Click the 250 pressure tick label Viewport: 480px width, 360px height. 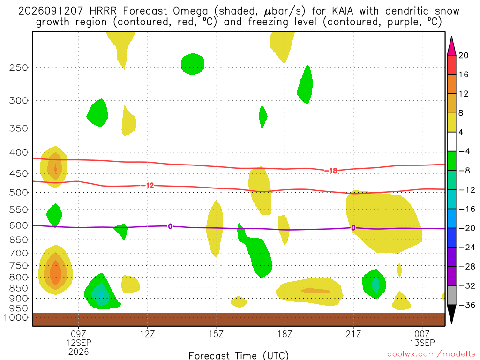click(18, 67)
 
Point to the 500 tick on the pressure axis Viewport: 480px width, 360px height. click(18, 193)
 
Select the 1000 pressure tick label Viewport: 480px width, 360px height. click(15, 317)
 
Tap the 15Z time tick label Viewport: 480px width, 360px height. click(216, 334)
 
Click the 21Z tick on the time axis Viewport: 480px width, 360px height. click(353, 334)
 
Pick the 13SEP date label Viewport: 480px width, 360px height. click(422, 343)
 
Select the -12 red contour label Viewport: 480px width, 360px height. click(147, 186)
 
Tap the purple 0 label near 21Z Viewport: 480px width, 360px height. click(353, 228)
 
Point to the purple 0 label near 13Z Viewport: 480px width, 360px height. click(170, 226)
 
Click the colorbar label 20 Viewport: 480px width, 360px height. click(463, 55)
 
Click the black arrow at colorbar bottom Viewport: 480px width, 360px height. click(451, 314)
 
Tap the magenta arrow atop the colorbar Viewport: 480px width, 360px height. click(451, 46)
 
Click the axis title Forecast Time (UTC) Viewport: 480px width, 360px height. click(239, 355)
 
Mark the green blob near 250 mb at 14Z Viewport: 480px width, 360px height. click(193, 64)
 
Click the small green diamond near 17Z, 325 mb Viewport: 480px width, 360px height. click(262, 117)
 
